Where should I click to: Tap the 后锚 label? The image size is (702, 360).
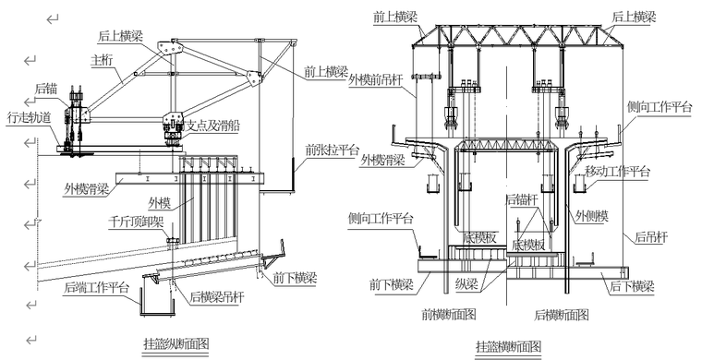47,90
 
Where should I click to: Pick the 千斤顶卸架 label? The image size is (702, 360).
137,222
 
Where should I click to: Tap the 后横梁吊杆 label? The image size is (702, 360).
222,296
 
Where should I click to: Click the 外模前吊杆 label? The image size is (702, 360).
378,80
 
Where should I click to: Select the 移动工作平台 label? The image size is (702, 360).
618,172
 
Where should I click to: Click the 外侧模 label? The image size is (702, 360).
592,217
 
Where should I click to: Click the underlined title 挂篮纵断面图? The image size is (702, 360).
177,343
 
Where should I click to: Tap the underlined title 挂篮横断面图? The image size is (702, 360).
508,346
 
